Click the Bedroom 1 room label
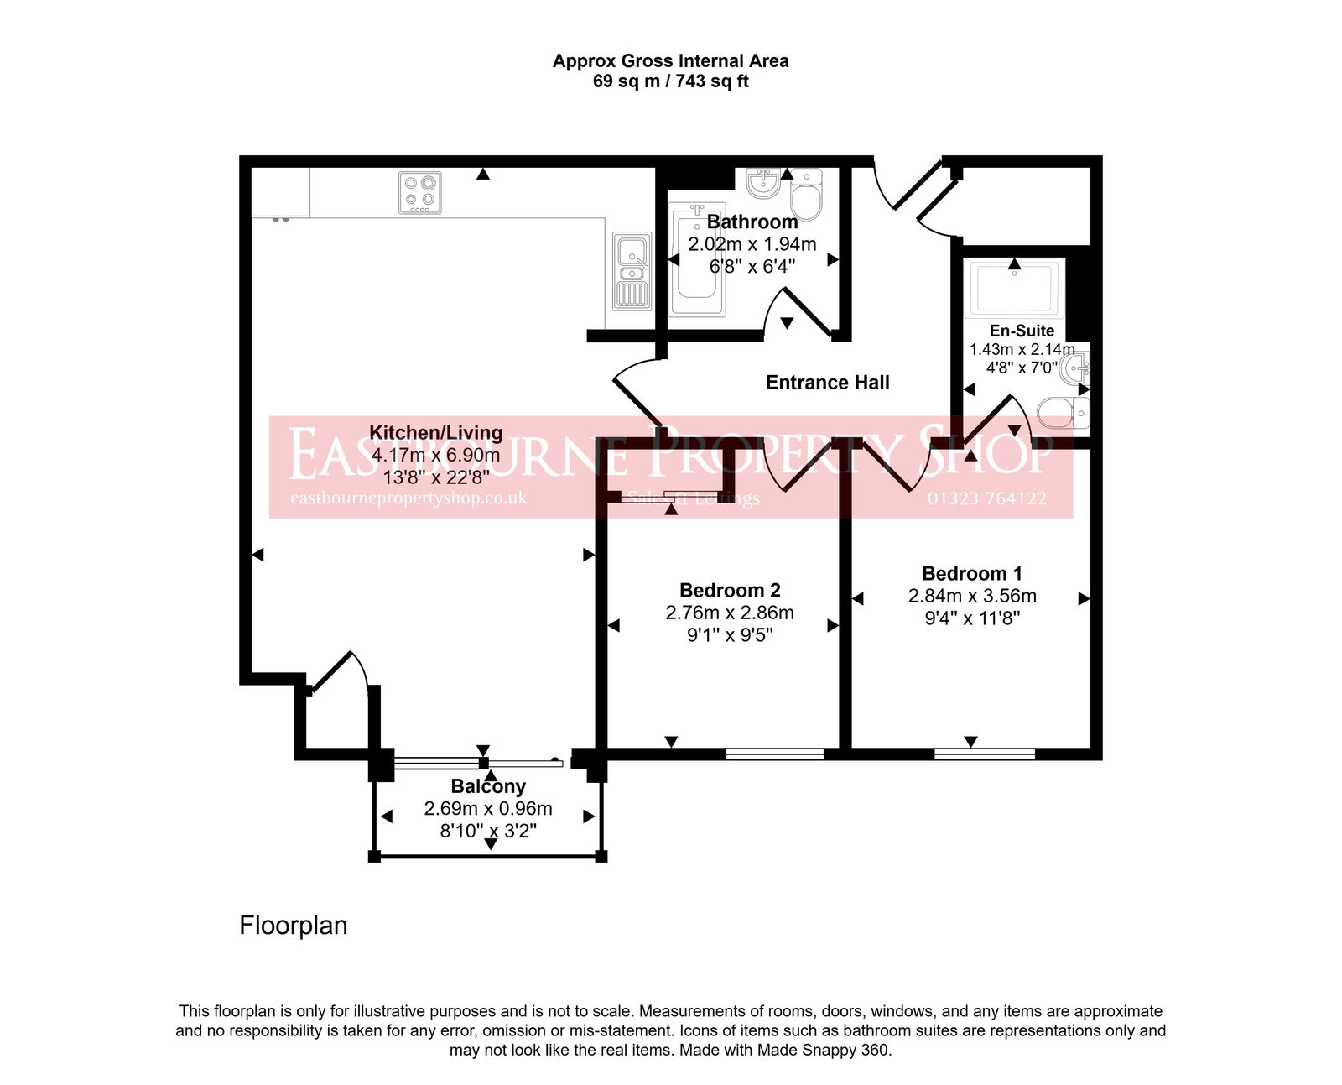pyautogui.click(x=971, y=574)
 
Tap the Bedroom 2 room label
pyautogui.click(x=730, y=591)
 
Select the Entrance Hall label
pyautogui.click(x=827, y=383)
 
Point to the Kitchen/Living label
pyautogui.click(x=435, y=433)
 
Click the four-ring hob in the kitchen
pyautogui.click(x=419, y=192)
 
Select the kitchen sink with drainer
pyautogui.click(x=632, y=270)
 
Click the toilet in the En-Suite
pyautogui.click(x=1062, y=413)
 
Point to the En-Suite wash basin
pyautogui.click(x=1075, y=368)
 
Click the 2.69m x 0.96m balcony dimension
pyautogui.click(x=487, y=809)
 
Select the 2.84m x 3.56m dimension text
pyautogui.click(x=971, y=597)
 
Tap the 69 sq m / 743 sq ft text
pyautogui.click(x=670, y=81)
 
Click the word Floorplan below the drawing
pyautogui.click(x=293, y=926)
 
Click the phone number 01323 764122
pyautogui.click(x=986, y=498)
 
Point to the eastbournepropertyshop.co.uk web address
pyautogui.click(x=408, y=498)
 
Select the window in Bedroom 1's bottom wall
pyautogui.click(x=984, y=754)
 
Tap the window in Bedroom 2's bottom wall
pyautogui.click(x=774, y=754)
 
